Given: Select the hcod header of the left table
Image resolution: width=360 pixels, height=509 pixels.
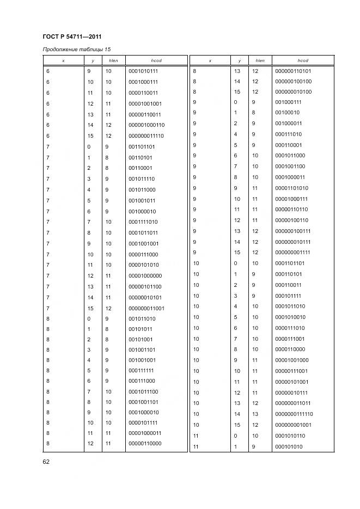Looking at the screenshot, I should (x=156, y=60).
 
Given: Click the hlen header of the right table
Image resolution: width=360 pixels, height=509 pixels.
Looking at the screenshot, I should (x=260, y=60).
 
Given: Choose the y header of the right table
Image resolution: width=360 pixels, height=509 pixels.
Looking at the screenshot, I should (x=239, y=60).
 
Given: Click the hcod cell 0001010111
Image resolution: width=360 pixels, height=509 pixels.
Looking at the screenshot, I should (x=143, y=71).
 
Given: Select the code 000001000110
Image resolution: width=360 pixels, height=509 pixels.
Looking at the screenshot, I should (x=146, y=125).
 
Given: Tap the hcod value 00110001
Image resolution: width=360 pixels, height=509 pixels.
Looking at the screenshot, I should (x=140, y=168).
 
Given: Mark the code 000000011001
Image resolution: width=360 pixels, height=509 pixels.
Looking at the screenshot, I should (x=146, y=308).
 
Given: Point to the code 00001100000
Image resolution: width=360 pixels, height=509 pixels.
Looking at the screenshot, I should (x=145, y=443).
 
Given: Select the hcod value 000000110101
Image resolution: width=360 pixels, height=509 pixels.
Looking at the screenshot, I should (x=293, y=71).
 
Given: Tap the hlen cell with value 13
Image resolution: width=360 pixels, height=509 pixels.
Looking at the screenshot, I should (x=255, y=414).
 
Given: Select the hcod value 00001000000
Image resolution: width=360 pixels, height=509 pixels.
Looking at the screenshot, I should (x=145, y=276).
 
